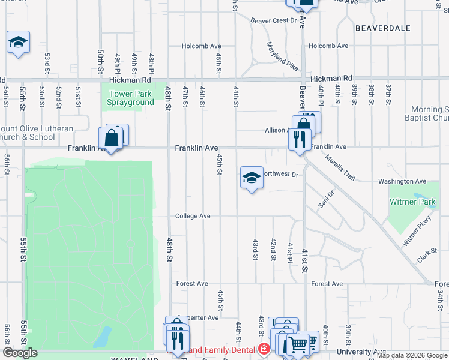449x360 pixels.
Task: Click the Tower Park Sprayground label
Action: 130,98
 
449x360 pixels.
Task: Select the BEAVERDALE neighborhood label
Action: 382,28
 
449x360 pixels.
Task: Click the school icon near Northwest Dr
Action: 252,178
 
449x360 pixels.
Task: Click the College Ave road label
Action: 193,216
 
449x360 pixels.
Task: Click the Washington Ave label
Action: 402,181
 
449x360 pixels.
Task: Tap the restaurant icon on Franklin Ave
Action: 298,140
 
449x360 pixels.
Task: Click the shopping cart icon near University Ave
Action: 298,344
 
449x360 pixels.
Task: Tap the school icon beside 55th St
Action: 19,43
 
